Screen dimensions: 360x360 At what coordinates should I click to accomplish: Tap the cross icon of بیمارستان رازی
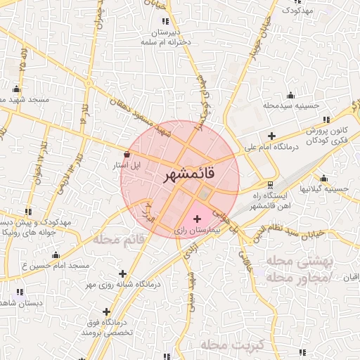click(196, 219)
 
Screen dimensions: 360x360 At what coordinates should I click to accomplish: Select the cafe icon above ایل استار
click(127, 154)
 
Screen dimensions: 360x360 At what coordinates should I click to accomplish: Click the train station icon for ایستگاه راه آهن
click(271, 184)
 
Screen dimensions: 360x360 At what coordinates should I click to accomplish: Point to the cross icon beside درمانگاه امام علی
click(271, 136)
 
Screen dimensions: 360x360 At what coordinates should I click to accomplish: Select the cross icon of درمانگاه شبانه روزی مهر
click(123, 274)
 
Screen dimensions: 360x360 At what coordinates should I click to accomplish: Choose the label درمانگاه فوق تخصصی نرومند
click(107, 326)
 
